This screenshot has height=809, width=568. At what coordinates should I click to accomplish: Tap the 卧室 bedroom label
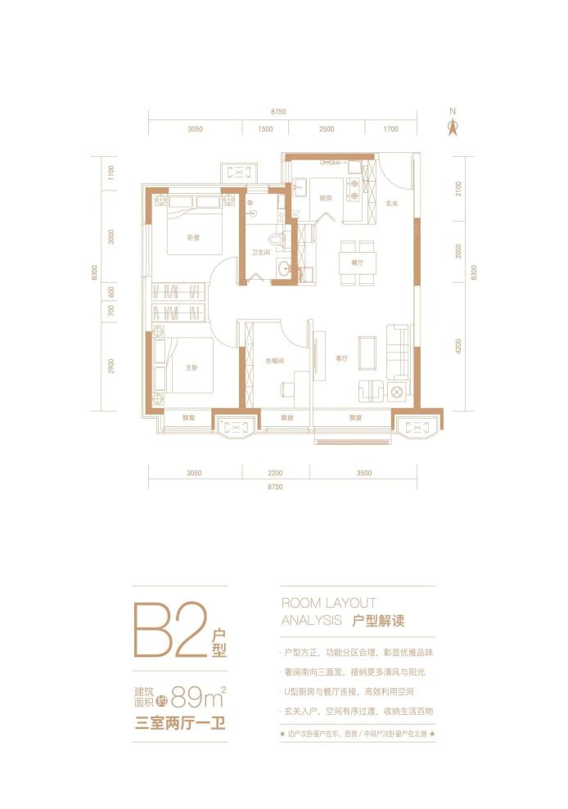[193, 238]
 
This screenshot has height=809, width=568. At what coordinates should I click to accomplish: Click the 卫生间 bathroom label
[262, 253]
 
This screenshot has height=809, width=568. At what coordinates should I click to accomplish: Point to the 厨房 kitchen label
[326, 198]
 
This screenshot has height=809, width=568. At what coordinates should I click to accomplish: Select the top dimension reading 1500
[265, 129]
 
